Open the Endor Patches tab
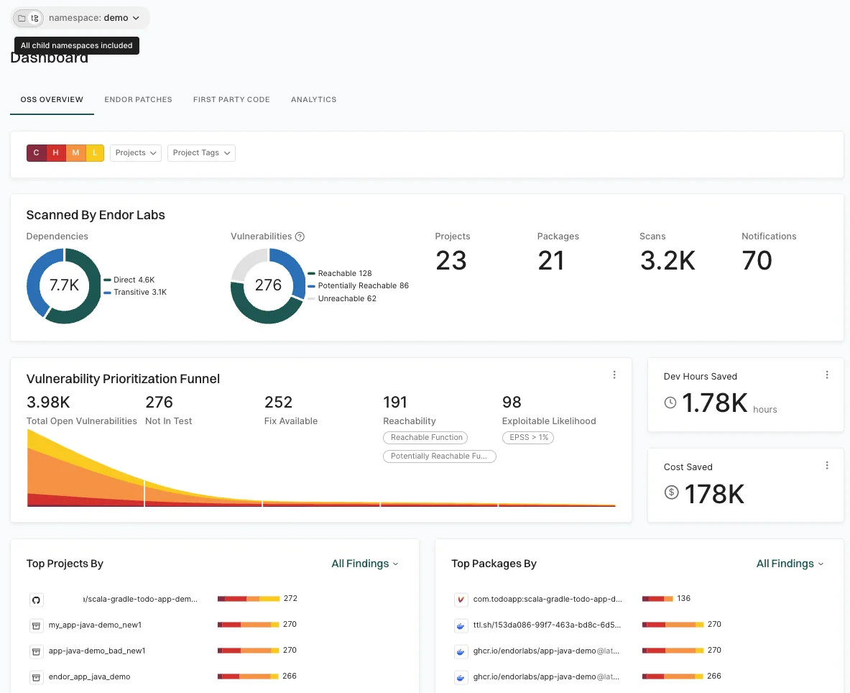tap(138, 99)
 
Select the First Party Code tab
tap(231, 99)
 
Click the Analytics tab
tap(313, 99)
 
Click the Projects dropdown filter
tap(135, 152)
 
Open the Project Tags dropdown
tap(201, 152)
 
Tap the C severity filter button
tap(37, 152)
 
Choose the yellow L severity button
tap(96, 152)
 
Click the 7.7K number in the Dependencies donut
tap(64, 285)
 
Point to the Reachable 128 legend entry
tap(344, 273)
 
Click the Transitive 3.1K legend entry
tap(139, 292)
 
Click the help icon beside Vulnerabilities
tap(300, 237)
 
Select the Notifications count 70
tap(757, 260)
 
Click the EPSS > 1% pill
tap(527, 437)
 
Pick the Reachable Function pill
tap(426, 437)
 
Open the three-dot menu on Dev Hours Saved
tap(827, 375)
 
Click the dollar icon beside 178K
tap(672, 492)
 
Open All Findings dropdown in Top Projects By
tap(364, 564)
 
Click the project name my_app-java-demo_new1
tap(95, 625)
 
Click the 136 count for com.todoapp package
tap(684, 598)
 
